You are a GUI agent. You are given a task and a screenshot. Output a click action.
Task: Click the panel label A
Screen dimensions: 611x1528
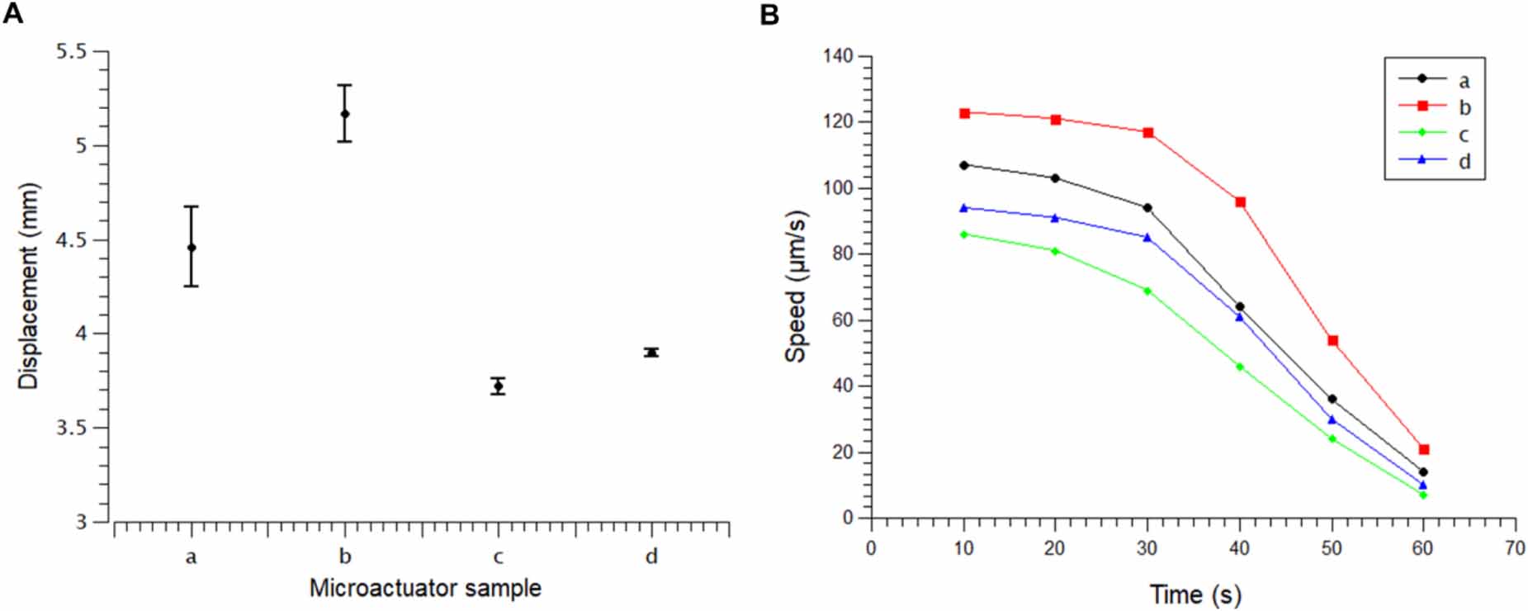[x=12, y=14]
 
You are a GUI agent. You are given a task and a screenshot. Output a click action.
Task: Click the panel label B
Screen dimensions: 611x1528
[x=769, y=14]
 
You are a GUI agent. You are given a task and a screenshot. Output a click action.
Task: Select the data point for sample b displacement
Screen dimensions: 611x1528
[x=345, y=114]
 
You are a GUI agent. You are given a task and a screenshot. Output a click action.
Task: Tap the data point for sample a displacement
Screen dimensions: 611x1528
[x=192, y=248]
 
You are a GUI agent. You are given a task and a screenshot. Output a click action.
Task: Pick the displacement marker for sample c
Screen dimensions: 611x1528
[x=498, y=386]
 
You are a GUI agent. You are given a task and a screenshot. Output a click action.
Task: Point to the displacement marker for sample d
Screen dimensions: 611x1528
[x=652, y=353]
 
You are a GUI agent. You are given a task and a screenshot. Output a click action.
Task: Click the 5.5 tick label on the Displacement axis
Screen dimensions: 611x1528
[x=71, y=52]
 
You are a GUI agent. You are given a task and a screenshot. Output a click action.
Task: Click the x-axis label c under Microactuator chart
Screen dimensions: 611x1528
[x=498, y=557]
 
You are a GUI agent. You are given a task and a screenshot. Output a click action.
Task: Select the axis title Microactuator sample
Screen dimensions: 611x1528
[x=425, y=589]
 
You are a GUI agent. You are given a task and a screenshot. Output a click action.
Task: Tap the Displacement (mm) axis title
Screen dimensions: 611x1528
[x=28, y=286]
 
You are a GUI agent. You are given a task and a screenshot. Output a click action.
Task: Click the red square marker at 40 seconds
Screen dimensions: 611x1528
[x=1240, y=202]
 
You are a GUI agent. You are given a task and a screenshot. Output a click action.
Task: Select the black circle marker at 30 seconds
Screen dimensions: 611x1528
[x=1147, y=208]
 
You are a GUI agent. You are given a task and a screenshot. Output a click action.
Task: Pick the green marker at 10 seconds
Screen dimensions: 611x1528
[x=963, y=234]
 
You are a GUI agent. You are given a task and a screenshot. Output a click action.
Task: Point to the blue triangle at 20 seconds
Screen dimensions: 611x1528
[x=1055, y=218]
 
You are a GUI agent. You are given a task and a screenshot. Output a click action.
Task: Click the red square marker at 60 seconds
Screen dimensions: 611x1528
[x=1424, y=450]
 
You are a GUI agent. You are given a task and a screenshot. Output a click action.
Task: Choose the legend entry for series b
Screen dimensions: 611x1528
[x=1436, y=107]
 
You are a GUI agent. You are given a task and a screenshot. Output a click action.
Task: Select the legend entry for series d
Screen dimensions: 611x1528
[x=1436, y=161]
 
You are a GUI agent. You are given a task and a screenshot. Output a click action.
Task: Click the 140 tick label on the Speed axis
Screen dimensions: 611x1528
[x=839, y=56]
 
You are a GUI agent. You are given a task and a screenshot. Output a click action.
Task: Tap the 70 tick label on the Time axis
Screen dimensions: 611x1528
[x=1515, y=549]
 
